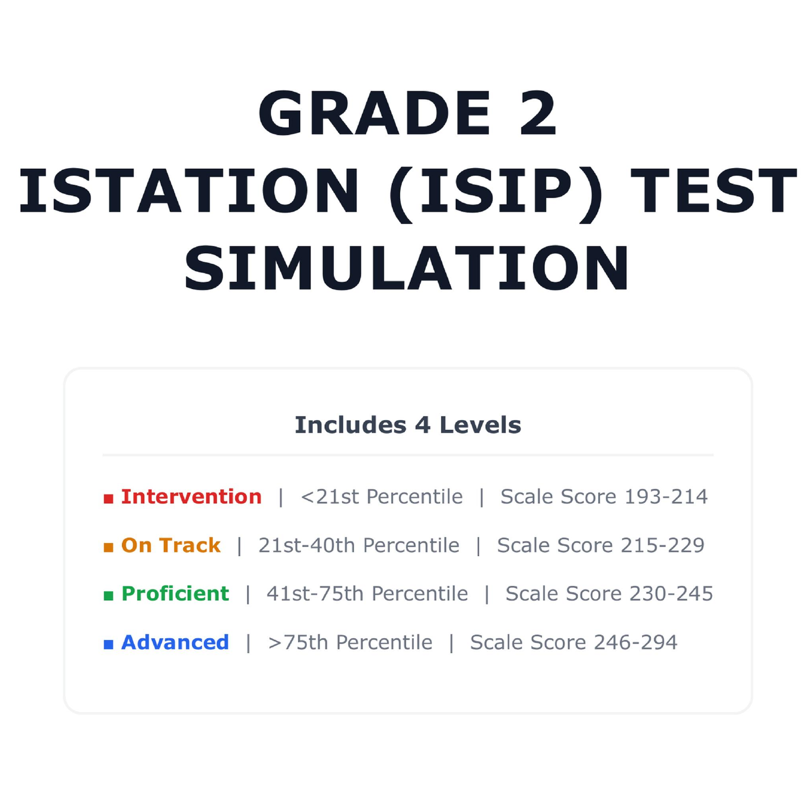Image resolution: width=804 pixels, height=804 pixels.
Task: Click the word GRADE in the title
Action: pos(375,113)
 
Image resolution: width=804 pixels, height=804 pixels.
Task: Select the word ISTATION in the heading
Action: pos(189,191)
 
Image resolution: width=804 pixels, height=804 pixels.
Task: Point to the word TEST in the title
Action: pos(713,191)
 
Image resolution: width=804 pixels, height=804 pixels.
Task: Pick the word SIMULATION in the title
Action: pos(407,268)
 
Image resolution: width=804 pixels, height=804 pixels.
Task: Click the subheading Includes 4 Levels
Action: pos(408,425)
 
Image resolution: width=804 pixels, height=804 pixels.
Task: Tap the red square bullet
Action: pos(108,499)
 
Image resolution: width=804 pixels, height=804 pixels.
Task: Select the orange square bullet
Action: pos(108,547)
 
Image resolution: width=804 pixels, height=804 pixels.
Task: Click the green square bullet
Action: pos(108,595)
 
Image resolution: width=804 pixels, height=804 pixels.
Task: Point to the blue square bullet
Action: pos(108,644)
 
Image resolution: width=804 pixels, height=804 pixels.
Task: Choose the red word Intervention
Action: pos(191,497)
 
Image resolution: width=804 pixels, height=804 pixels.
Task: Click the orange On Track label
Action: pos(171,545)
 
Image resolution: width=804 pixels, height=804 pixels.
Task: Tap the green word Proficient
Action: pos(175,594)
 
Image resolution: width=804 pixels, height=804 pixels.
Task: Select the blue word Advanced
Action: pos(175,642)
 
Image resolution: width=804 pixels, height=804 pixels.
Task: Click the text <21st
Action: pos(330,497)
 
